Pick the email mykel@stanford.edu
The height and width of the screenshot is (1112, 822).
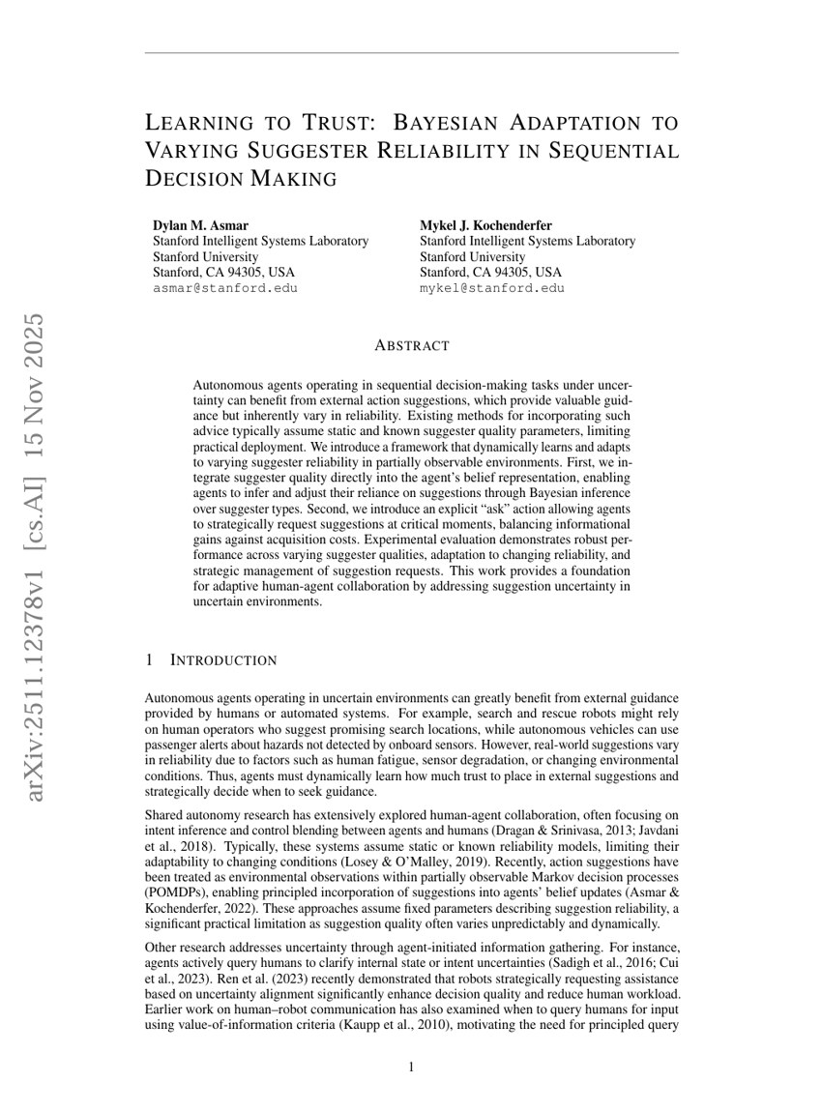click(491, 287)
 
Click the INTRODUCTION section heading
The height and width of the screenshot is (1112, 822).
click(223, 660)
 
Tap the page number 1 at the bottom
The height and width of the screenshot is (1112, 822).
click(411, 1067)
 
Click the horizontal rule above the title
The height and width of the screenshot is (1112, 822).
click(411, 53)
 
